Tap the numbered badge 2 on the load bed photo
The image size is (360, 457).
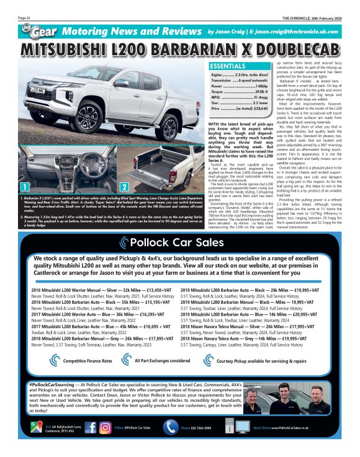click(123, 187)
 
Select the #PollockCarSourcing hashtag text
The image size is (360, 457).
click(52, 385)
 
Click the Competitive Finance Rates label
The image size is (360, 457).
click(88, 360)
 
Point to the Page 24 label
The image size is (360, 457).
click(25, 17)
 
